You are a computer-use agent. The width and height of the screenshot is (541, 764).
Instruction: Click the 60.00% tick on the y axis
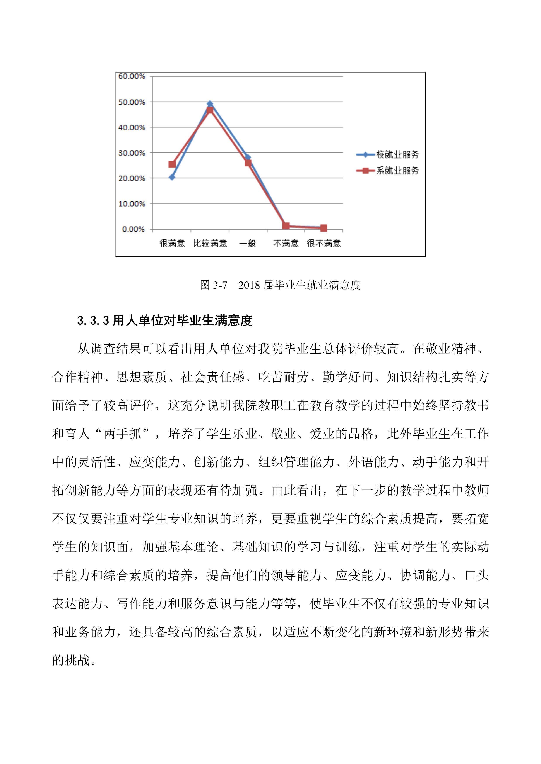(132, 76)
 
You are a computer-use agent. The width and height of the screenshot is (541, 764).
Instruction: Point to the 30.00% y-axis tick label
(132, 153)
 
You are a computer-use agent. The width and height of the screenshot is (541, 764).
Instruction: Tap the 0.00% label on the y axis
(133, 229)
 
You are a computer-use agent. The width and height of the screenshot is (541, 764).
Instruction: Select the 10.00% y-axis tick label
(132, 204)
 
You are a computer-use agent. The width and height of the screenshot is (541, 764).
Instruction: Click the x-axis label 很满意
(172, 244)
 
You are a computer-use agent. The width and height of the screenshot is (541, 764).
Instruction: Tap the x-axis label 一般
(248, 244)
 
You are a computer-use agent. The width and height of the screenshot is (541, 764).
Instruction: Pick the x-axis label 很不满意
(324, 244)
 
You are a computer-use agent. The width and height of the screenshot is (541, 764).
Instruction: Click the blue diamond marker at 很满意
(172, 177)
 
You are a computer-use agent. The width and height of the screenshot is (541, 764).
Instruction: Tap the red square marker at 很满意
(172, 164)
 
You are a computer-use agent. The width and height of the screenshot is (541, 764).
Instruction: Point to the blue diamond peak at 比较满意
(210, 104)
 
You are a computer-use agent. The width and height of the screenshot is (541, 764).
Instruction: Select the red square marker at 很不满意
(324, 228)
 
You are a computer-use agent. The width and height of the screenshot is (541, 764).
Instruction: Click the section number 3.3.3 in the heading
(93, 320)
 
